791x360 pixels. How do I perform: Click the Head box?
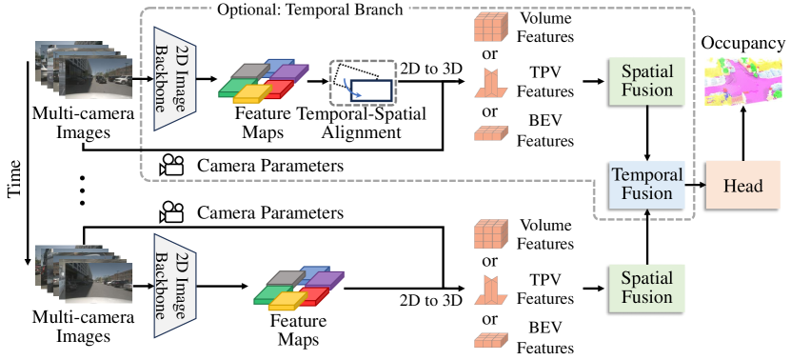(x=742, y=185)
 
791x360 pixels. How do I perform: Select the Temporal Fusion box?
(x=646, y=185)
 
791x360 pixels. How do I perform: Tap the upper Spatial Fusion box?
(x=646, y=83)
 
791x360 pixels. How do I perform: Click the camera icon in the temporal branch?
(x=171, y=164)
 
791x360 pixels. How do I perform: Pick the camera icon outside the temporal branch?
(x=171, y=209)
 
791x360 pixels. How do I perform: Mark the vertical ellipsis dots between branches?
(x=83, y=190)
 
